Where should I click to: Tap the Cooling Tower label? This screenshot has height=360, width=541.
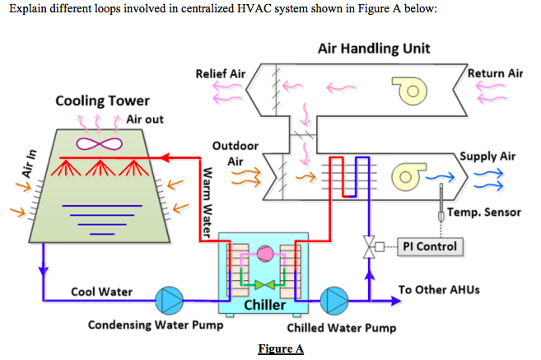(102, 101)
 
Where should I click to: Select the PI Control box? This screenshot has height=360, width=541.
(429, 246)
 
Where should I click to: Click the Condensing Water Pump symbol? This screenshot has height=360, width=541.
(172, 301)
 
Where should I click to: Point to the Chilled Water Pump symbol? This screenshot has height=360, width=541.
(335, 301)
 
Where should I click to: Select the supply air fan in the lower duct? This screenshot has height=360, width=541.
(408, 176)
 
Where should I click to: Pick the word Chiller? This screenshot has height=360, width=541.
(265, 306)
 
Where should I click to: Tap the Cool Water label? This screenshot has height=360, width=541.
(96, 292)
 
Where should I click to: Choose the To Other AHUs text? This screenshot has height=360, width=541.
(436, 290)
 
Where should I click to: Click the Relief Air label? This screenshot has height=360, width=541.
(220, 74)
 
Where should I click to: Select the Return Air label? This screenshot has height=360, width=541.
(495, 73)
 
